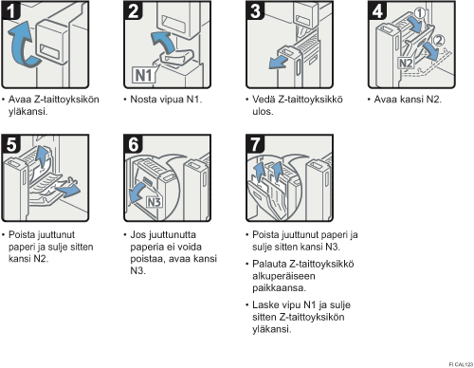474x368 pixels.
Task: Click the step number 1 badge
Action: click(10, 10)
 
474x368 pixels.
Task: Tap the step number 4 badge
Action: click(377, 10)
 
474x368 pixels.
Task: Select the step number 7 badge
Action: click(255, 144)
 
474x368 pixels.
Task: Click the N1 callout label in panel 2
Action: click(144, 75)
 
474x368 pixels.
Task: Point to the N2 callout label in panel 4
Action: click(406, 63)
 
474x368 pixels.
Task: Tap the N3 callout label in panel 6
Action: click(155, 202)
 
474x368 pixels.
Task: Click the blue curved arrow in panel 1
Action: click(23, 46)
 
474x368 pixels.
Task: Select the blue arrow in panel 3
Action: click(278, 63)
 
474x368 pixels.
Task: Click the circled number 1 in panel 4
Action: click(420, 13)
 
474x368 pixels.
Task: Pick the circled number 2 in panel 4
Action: click(438, 40)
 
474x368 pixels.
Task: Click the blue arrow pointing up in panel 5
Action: click(41, 156)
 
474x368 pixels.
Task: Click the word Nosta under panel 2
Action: click(143, 100)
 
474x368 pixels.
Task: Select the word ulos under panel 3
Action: click(263, 112)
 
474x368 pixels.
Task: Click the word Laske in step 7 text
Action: click(265, 305)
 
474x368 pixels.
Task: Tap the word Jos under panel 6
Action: click(137, 235)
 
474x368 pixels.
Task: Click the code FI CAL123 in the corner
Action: click(461, 364)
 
